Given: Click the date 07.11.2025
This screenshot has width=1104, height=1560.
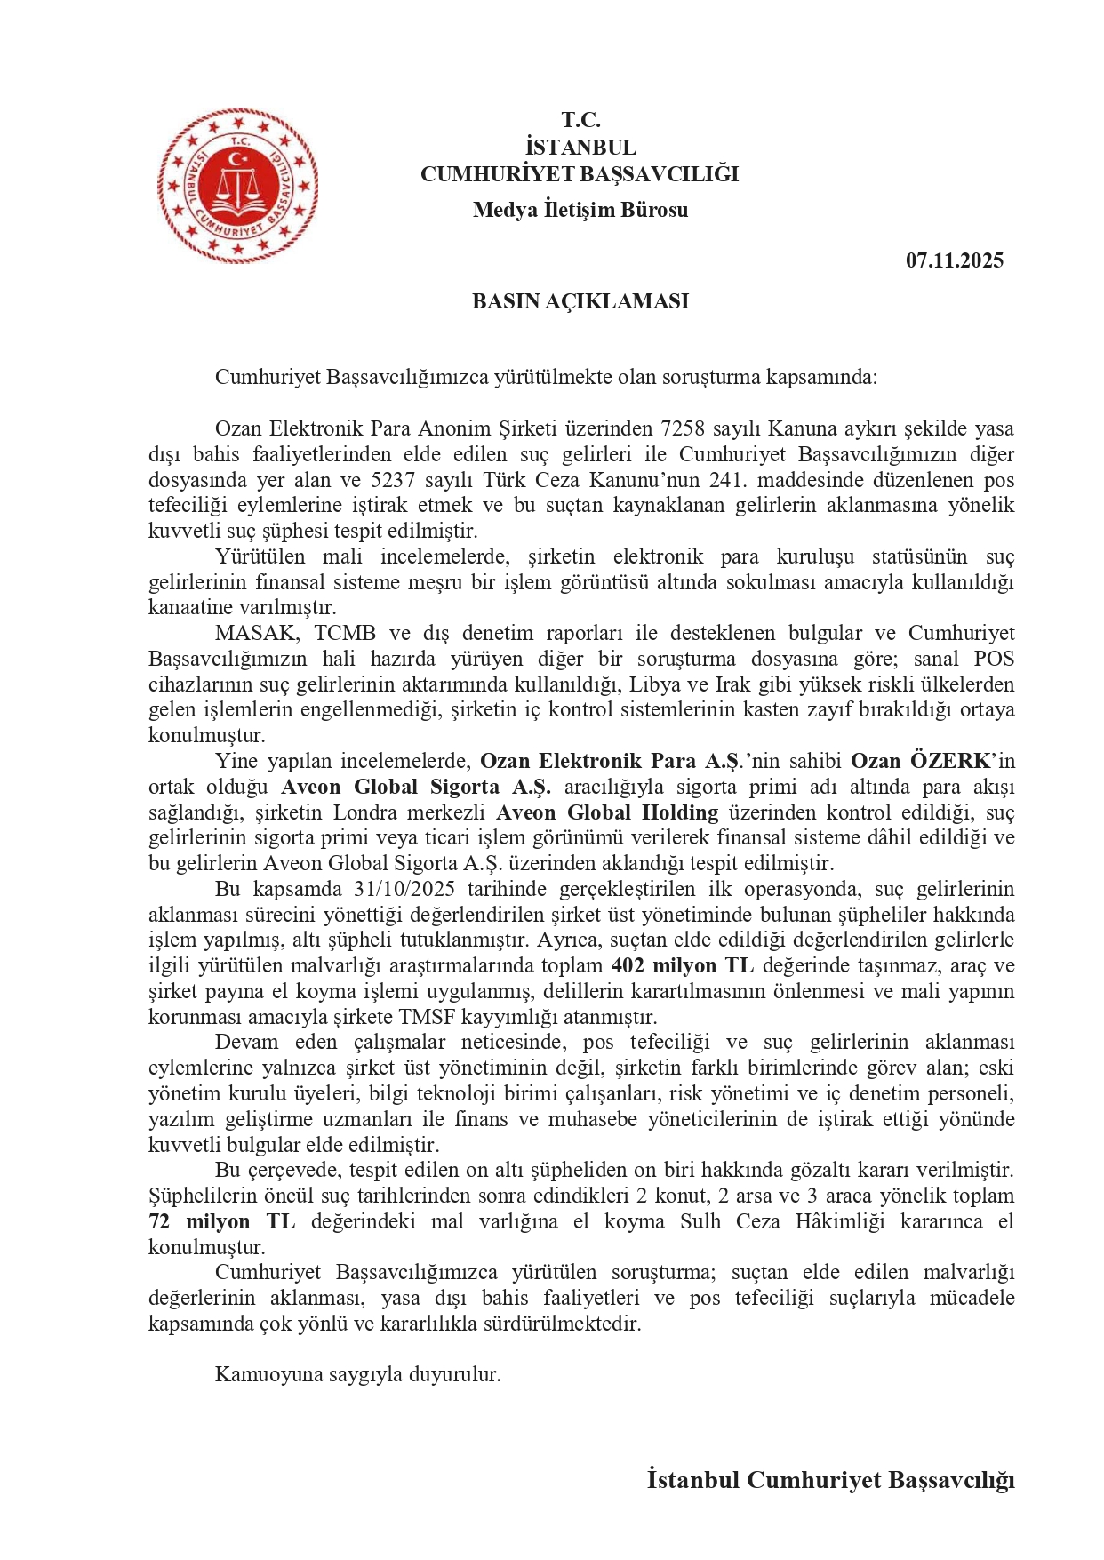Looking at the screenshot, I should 955,260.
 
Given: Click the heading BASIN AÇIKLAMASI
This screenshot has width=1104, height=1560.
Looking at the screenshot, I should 580,301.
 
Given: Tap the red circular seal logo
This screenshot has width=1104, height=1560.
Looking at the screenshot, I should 238,185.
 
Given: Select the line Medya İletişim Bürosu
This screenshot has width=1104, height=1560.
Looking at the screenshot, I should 580,210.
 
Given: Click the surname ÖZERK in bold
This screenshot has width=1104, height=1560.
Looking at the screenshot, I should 949,761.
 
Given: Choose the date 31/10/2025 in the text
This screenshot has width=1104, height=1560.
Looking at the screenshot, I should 404,889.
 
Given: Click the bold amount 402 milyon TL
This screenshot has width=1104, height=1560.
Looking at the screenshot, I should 683,966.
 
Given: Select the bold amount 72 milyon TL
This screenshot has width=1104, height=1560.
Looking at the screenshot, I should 222,1221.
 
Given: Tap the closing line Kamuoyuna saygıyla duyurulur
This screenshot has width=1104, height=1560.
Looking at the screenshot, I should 358,1374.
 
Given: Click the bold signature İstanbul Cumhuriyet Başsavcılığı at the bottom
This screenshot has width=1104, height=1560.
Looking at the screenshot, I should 830,1480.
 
